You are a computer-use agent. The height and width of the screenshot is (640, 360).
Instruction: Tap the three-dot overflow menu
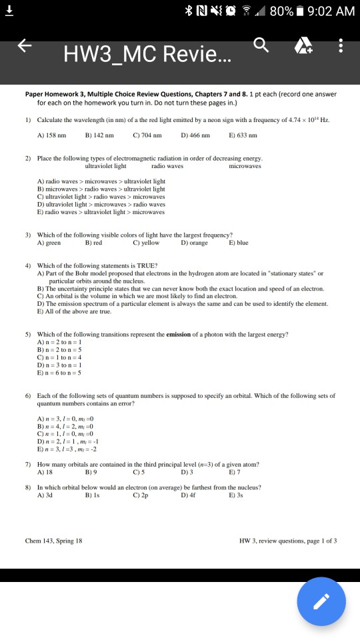341,46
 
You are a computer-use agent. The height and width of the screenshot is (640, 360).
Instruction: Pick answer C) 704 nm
147,135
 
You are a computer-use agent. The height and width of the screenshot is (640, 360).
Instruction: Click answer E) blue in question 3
238,243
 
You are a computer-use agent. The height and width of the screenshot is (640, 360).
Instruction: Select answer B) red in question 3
94,243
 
